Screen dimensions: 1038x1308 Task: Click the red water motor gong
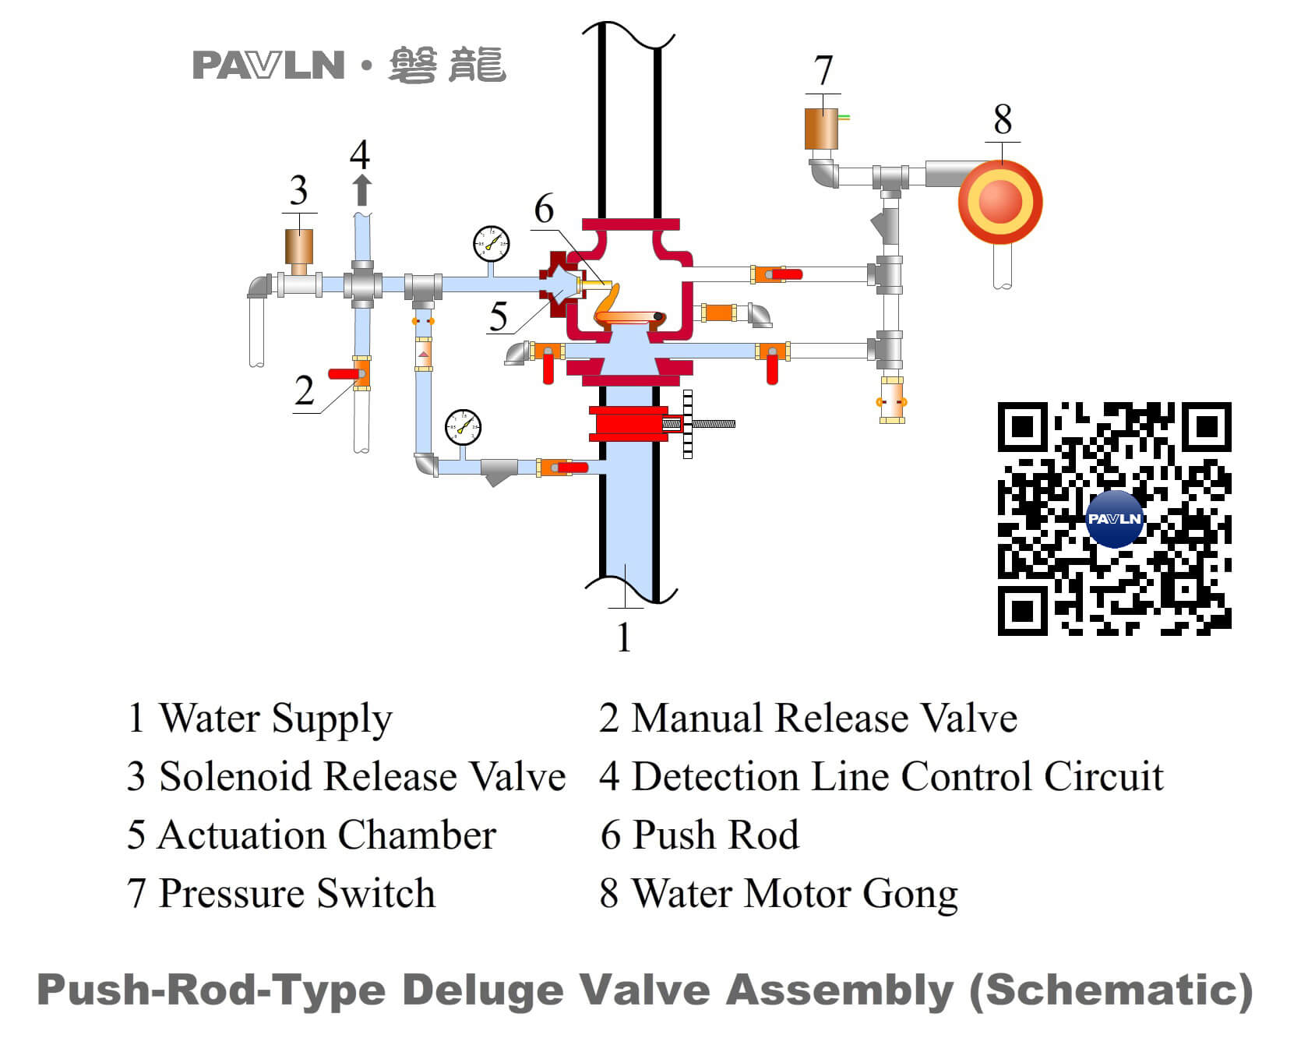point(1000,202)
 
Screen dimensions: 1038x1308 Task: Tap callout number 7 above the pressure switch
point(823,71)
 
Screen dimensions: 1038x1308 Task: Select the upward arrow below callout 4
point(361,190)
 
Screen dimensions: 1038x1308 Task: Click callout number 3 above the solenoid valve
point(298,190)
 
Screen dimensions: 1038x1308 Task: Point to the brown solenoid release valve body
point(299,246)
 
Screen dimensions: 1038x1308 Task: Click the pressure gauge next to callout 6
point(492,245)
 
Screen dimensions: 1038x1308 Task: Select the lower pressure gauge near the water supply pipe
point(464,427)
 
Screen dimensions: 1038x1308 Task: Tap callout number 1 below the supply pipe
point(623,637)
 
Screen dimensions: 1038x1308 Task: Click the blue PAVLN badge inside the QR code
point(1114,518)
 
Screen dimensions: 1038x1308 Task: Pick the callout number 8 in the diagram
point(1003,120)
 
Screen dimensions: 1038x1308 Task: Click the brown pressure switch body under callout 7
point(821,129)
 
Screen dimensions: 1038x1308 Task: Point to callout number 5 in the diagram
point(499,316)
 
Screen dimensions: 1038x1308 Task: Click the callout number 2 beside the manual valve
point(305,390)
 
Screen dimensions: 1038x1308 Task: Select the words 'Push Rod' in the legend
point(715,835)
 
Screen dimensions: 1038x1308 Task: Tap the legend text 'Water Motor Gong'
point(794,894)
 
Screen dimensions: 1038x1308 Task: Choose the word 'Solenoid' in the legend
point(236,777)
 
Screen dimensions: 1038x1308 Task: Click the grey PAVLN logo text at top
point(268,65)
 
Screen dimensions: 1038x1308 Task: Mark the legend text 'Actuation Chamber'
point(326,835)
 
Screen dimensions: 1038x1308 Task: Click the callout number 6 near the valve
point(544,209)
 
